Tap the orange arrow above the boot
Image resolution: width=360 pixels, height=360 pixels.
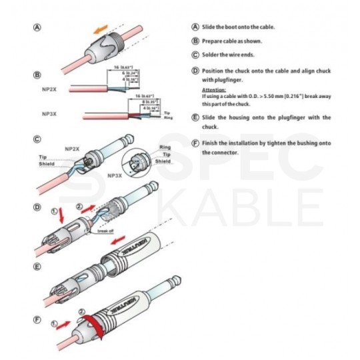99,29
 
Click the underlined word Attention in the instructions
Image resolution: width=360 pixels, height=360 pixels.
213,89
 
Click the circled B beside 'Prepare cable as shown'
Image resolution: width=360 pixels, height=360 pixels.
195,41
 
